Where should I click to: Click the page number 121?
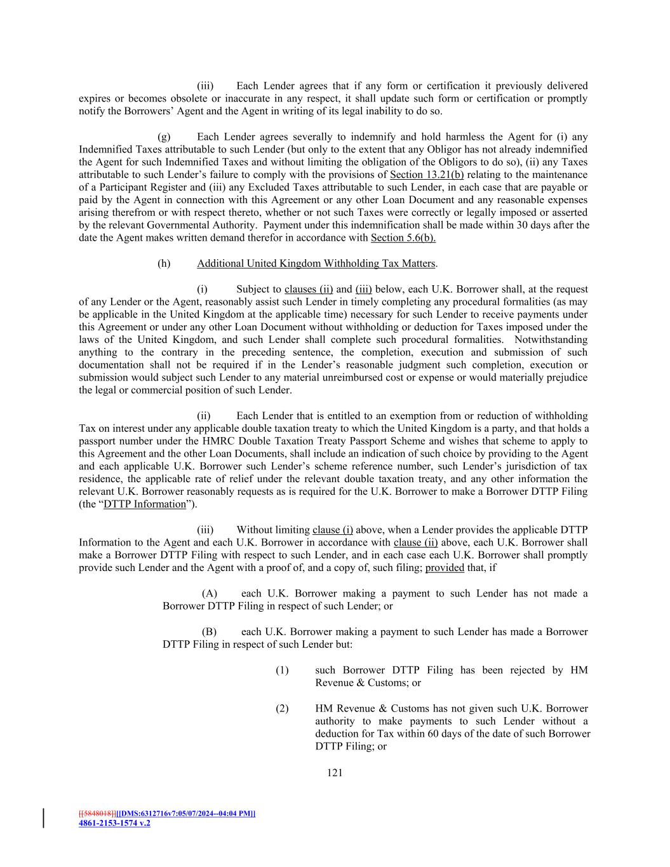335,772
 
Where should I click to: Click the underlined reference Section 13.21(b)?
426,175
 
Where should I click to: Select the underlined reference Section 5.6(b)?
403,238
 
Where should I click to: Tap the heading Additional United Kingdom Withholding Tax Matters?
316,264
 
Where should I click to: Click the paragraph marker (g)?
164,137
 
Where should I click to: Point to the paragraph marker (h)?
164,264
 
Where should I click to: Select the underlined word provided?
445,568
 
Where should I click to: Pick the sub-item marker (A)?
210,593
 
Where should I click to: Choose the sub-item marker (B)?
210,631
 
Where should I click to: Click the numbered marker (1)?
282,670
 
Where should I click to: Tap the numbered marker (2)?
282,708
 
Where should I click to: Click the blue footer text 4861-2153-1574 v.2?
114,823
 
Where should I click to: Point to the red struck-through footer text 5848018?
98,814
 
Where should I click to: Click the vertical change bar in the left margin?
44,818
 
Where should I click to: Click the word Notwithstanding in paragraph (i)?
551,340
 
